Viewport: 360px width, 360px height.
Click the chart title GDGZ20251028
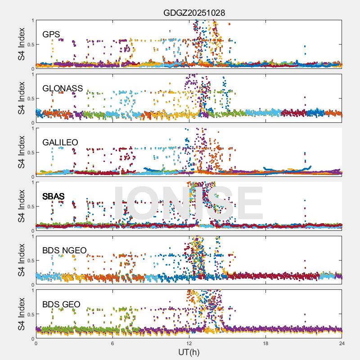[194, 13]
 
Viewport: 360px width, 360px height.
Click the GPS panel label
[51, 35]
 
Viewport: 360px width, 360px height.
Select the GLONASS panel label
[63, 89]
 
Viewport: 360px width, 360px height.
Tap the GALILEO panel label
[60, 143]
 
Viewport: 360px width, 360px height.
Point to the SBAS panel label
[54, 197]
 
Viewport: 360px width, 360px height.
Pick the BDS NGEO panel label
[64, 251]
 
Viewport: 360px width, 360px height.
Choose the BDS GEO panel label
[61, 305]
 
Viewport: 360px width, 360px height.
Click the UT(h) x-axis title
[189, 352]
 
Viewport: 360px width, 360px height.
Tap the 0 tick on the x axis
[36, 343]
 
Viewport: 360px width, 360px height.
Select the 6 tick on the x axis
[112, 343]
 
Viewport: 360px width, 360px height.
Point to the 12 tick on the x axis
[189, 343]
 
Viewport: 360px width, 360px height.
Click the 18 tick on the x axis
[265, 343]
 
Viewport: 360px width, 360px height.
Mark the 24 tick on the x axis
[342, 343]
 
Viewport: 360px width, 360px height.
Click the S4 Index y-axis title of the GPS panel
[21, 44]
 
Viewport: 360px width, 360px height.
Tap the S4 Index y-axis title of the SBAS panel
[21, 206]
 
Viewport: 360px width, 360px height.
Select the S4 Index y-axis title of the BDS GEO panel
[21, 314]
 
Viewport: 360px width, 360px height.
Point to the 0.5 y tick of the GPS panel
[30, 44]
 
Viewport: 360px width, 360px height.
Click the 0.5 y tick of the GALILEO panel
[30, 152]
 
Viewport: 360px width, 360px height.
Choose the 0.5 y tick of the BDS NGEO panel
[30, 260]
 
